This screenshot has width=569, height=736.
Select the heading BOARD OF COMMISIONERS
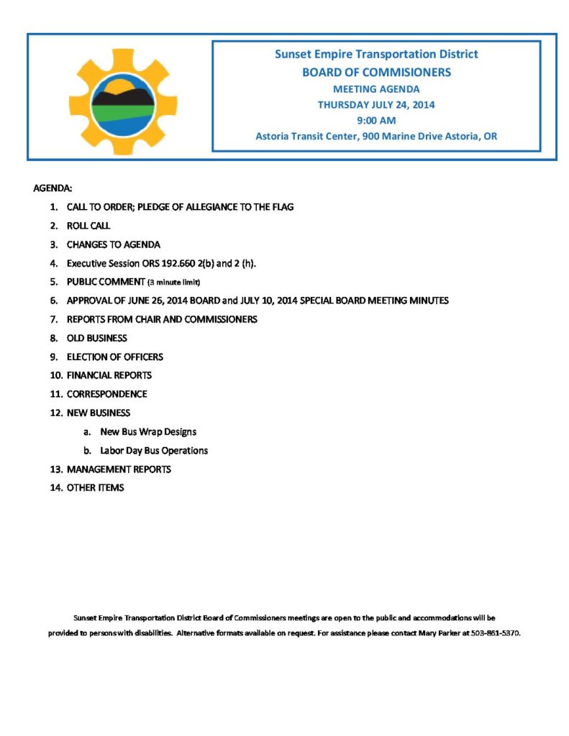[x=376, y=72]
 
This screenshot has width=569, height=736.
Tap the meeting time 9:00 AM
[x=376, y=120]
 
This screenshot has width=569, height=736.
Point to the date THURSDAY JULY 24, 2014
[x=376, y=104]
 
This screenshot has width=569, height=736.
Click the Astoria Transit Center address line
[x=376, y=136]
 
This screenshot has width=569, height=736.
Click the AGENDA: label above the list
[x=53, y=188]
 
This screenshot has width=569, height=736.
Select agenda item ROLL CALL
[x=88, y=226]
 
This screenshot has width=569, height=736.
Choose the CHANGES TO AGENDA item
[x=113, y=244]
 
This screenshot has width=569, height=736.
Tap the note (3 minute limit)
[x=173, y=282]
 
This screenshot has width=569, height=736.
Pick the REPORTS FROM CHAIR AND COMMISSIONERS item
[x=162, y=319]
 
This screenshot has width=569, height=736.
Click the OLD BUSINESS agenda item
[x=96, y=338]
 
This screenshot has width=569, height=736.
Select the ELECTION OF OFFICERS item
[x=114, y=356]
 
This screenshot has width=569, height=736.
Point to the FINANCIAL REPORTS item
[x=109, y=375]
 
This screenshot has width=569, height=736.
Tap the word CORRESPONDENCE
[x=106, y=394]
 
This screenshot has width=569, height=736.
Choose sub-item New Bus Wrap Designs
[x=148, y=432]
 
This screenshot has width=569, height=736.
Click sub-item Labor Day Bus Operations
[x=154, y=451]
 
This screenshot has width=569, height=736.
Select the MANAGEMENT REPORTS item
[x=119, y=469]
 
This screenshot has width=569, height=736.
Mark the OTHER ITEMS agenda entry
[x=95, y=488]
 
